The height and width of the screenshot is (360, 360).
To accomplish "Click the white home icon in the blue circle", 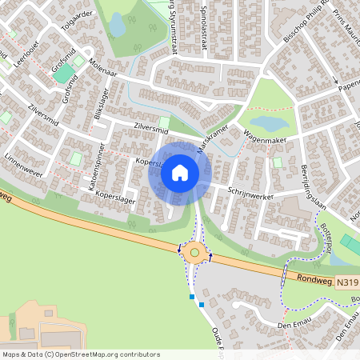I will [x=180, y=172].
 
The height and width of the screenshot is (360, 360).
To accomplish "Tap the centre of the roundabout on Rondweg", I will [x=193, y=253].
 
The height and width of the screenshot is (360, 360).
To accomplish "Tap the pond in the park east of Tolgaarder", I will [x=117, y=26].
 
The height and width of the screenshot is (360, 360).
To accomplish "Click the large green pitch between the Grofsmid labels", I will [x=62, y=74].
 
